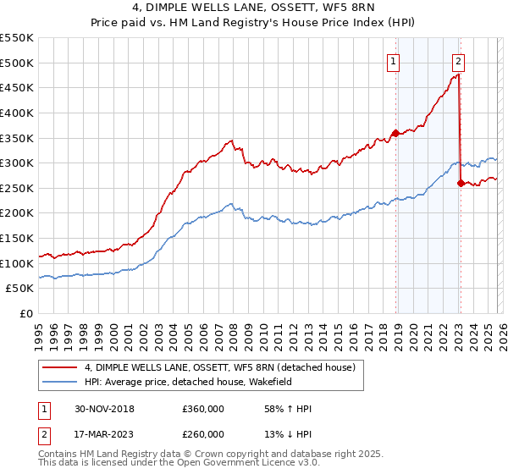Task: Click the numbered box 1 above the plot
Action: (395, 61)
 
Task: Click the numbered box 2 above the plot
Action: (458, 61)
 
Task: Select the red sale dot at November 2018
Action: (395, 133)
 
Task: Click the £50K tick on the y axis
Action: (20, 289)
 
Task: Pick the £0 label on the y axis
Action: (27, 314)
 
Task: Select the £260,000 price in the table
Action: (203, 434)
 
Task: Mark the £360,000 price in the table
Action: (203, 410)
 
